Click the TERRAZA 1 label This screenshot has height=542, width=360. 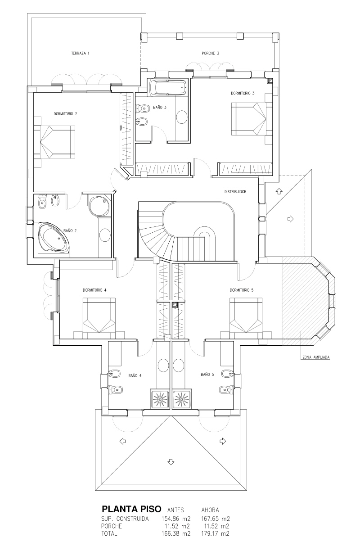tap(80, 53)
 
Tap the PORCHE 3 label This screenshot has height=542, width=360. tap(210, 53)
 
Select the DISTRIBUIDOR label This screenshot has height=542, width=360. tap(235, 192)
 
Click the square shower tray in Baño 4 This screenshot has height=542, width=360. tap(160, 399)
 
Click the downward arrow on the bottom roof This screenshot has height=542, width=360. tap(171, 462)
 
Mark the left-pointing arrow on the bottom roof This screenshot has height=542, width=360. tap(123, 441)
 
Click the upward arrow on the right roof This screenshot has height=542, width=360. tap(279, 191)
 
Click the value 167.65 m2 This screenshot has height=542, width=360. tap(216, 519)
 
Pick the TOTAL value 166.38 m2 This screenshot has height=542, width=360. tap(176, 533)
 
